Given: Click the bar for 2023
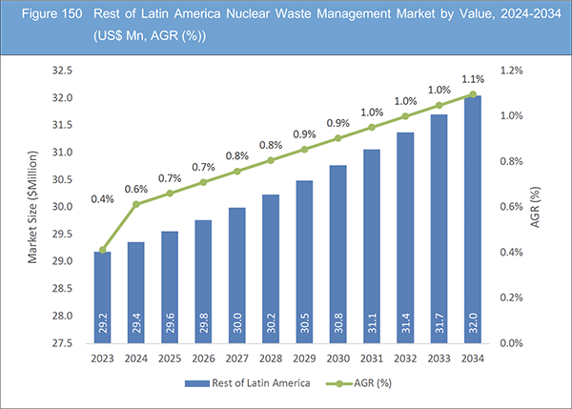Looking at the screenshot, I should (x=102, y=296).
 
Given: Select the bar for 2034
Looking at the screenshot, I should (x=474, y=219).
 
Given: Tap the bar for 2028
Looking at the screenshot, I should (x=272, y=267).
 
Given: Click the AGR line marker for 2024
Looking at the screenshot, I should (x=136, y=204).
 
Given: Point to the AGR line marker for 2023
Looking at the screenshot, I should (x=102, y=250).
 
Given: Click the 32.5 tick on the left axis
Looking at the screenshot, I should (x=62, y=71).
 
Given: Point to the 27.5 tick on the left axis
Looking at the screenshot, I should (x=62, y=342).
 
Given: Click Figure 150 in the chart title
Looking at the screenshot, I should (x=42, y=15).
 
